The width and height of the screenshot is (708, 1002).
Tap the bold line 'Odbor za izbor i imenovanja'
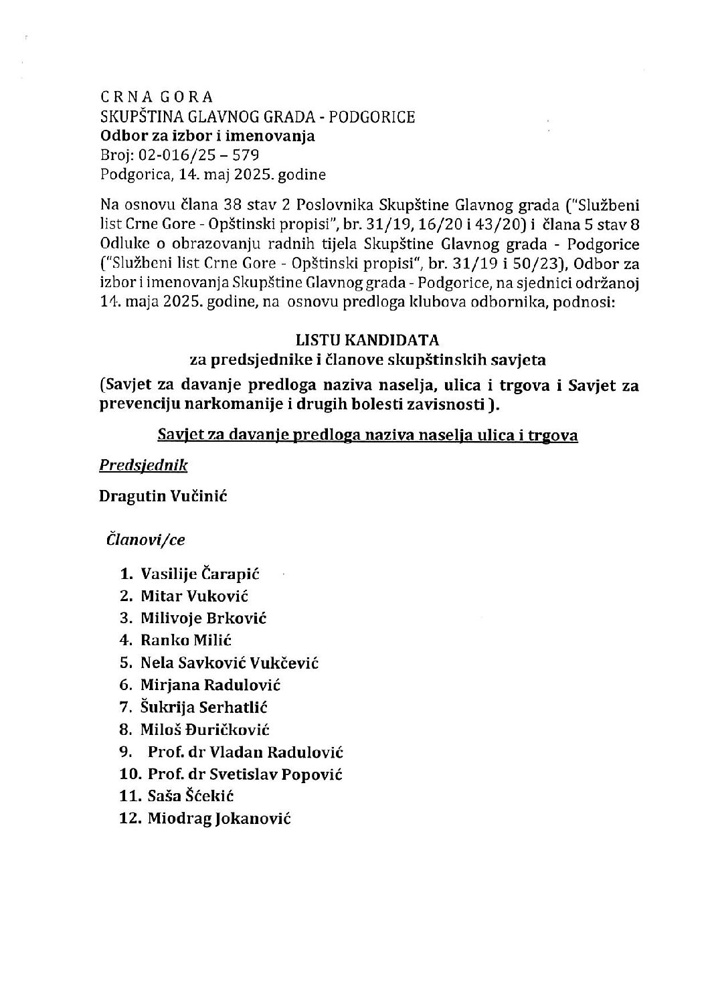(207, 137)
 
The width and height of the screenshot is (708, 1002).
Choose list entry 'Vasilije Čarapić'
(199, 574)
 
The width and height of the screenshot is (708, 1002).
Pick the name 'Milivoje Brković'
(203, 618)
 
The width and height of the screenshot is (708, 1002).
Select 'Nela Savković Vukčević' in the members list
(230, 663)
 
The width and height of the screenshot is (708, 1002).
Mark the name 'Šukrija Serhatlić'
(204, 707)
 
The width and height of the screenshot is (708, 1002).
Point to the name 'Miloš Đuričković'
(205, 730)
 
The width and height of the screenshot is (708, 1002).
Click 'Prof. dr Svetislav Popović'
(245, 774)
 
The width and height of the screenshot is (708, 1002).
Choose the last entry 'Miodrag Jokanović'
(219, 819)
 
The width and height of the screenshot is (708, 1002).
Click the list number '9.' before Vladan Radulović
(127, 752)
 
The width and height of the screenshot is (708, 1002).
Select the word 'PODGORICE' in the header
(377, 117)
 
